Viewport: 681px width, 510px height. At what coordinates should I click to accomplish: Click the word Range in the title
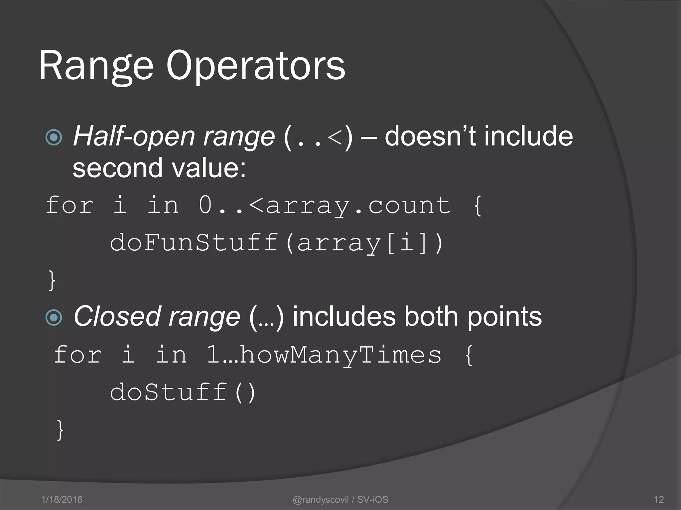coord(96,66)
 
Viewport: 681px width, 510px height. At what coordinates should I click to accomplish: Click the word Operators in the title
coord(255,66)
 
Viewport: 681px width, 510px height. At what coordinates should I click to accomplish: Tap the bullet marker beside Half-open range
coord(54,137)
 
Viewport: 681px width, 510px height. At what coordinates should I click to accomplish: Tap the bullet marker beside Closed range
coord(54,317)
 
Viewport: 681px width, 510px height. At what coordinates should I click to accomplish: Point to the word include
coord(529,136)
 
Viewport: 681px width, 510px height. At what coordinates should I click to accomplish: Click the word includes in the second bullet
coord(344,317)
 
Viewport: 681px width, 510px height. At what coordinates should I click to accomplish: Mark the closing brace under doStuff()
coord(60,430)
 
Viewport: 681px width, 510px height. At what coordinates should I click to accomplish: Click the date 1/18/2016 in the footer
coord(62,499)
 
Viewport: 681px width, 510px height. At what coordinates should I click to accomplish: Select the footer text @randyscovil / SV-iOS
coord(340,499)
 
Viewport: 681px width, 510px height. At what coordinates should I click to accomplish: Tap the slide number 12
coord(659,499)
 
